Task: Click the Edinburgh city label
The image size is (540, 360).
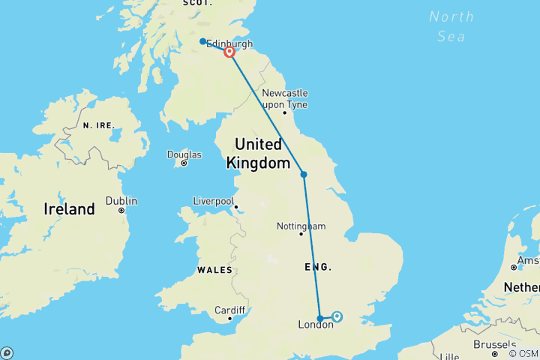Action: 232,44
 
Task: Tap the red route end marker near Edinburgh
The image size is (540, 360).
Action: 229,52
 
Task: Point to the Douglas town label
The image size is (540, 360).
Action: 184,155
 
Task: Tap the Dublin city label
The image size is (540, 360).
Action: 121,201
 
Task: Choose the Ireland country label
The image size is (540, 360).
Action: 70,209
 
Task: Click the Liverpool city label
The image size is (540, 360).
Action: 214,201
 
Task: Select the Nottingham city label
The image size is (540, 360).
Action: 301,226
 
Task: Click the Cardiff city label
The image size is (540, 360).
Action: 229,310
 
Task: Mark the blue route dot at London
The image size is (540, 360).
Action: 320,318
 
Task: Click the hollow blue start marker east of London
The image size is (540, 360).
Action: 337,316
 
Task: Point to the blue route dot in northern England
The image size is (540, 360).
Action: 304,175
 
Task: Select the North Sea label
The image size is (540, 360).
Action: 452,26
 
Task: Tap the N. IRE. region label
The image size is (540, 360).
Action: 98,125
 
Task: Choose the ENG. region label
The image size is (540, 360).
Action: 318,267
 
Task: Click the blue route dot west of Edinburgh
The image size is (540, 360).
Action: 203,41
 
